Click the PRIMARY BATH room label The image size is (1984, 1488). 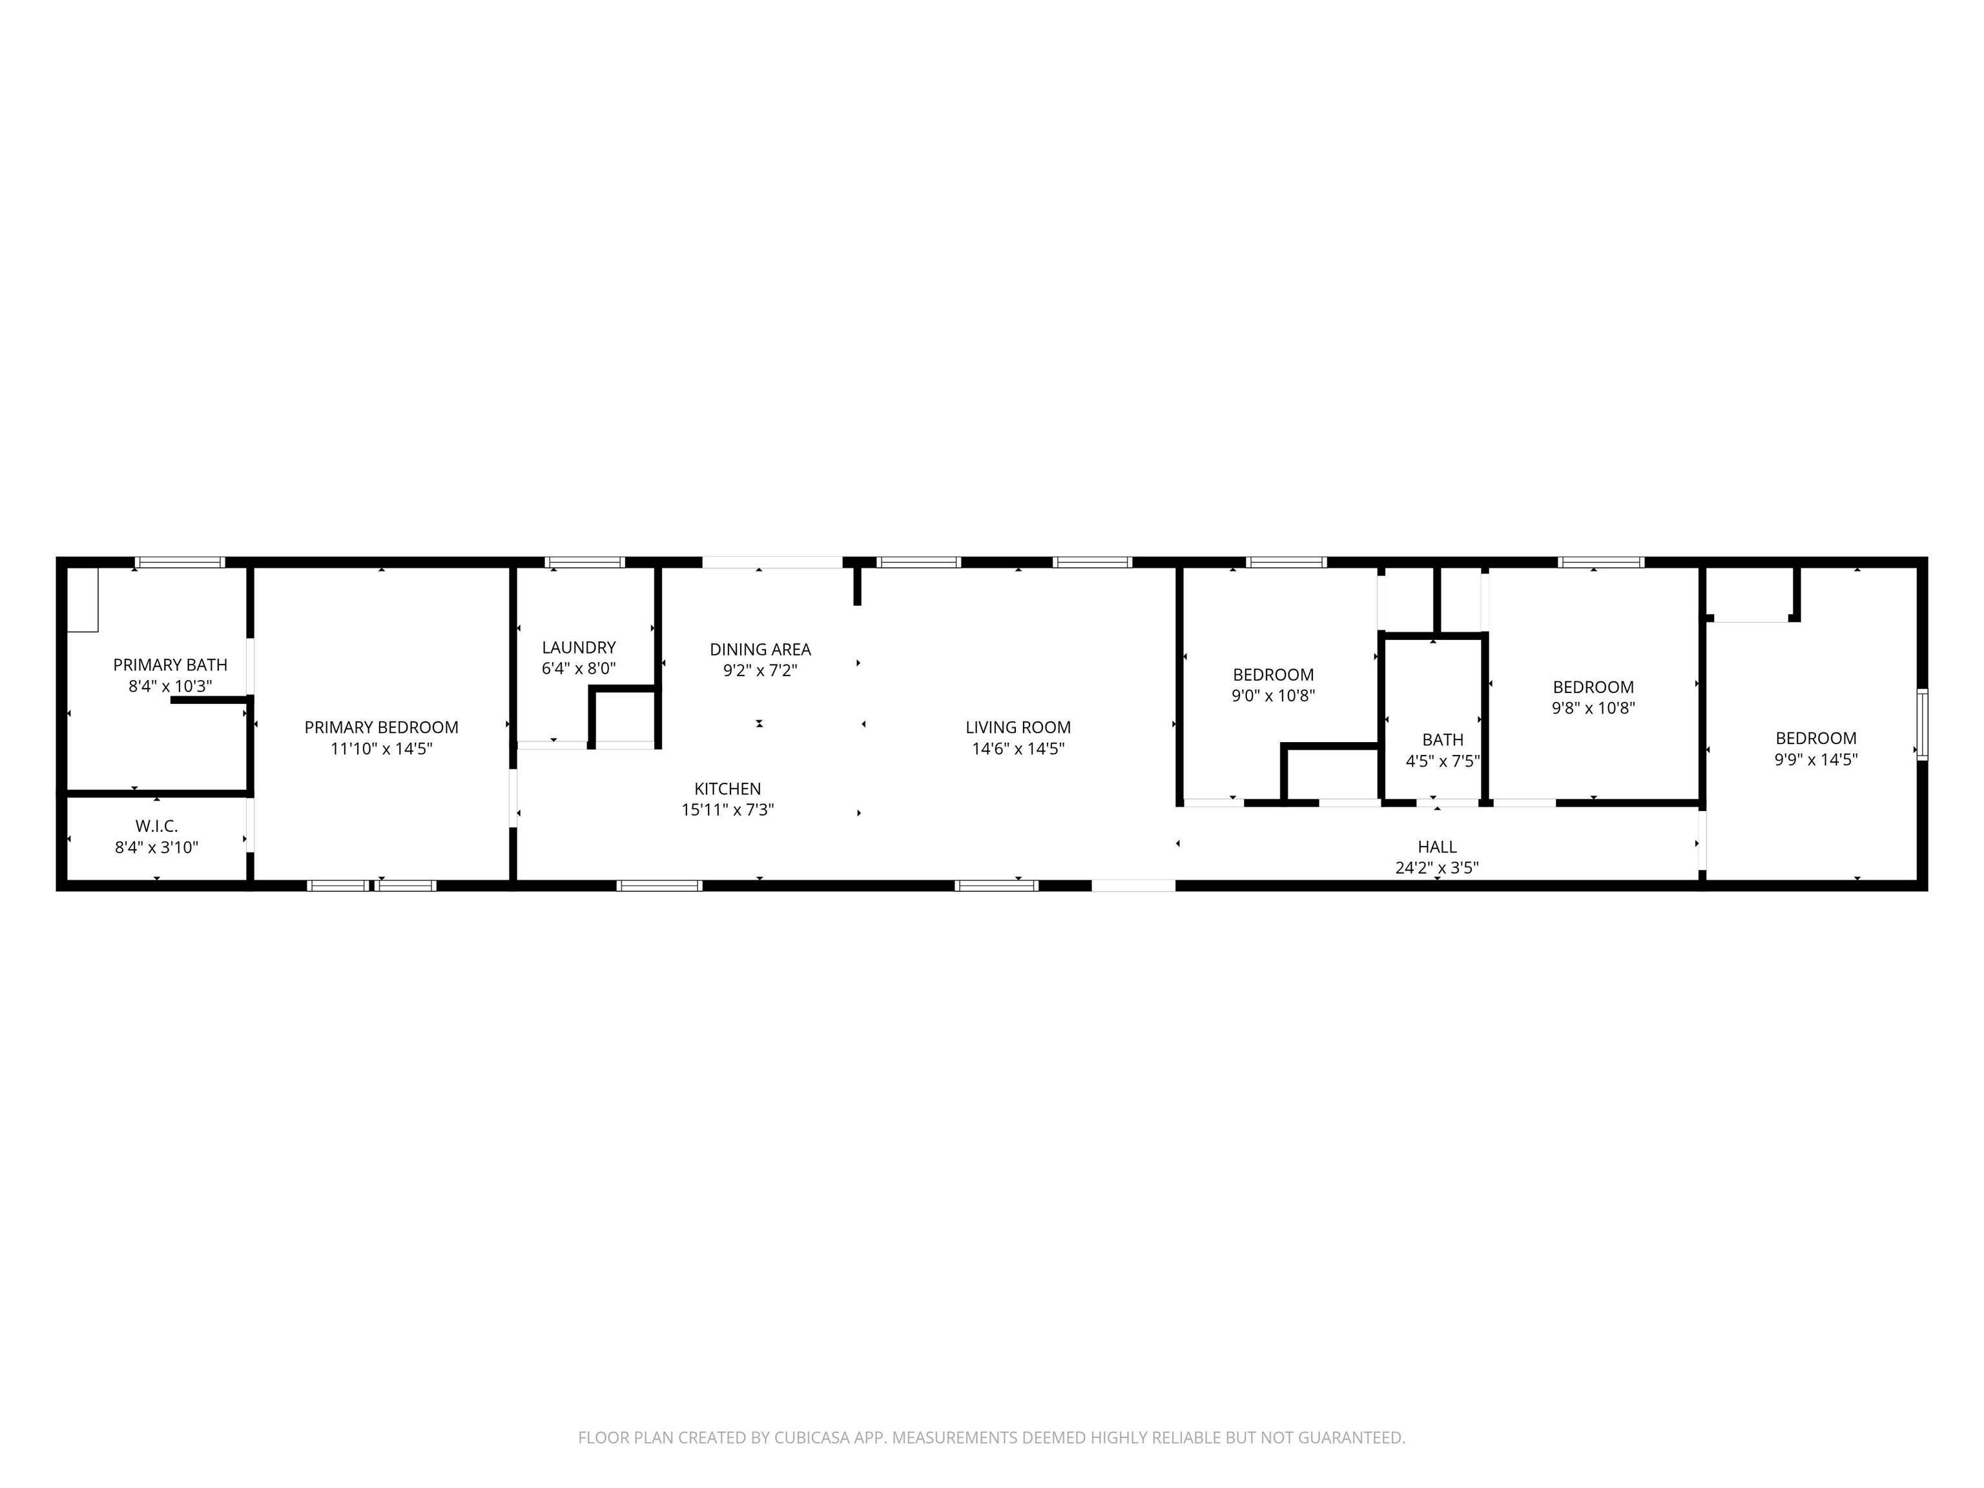pos(170,665)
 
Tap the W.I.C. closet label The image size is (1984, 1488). pos(157,826)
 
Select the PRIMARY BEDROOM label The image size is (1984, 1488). pos(381,727)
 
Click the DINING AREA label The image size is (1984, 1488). pos(761,649)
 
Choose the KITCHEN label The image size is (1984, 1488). pos(727,789)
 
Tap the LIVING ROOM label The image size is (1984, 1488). pos(1018,727)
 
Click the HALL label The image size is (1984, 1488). pos(1437,847)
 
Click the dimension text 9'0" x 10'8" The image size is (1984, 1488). pos(1274,695)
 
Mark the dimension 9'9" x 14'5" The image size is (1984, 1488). pos(1816,759)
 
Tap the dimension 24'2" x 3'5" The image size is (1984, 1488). pos(1437,867)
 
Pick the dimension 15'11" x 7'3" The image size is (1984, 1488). pos(727,810)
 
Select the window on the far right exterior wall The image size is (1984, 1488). pos(1922,725)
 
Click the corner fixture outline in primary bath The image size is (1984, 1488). pos(83,599)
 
